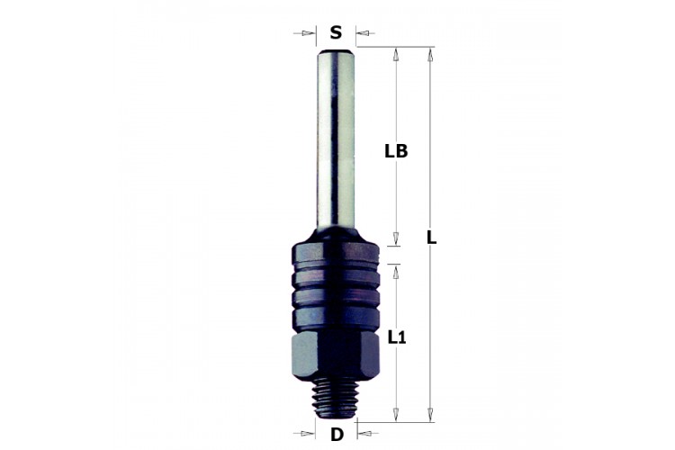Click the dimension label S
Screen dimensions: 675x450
336,32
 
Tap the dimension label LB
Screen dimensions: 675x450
396,151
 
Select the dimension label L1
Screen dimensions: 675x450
397,338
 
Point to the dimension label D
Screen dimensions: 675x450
337,435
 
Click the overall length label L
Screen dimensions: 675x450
431,238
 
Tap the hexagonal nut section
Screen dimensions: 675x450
336,355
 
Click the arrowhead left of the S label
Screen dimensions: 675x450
308,33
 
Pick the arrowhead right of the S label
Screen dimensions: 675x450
363,33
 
